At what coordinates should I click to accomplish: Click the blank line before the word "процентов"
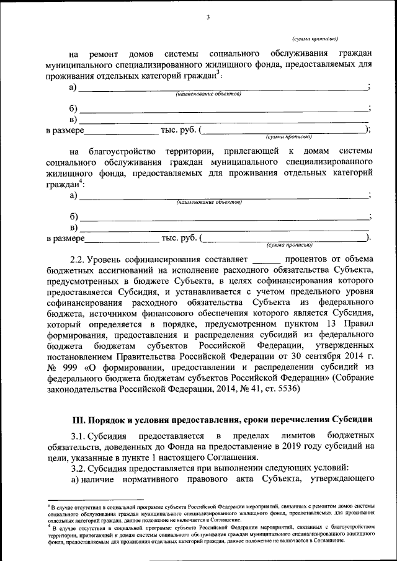point(267,259)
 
